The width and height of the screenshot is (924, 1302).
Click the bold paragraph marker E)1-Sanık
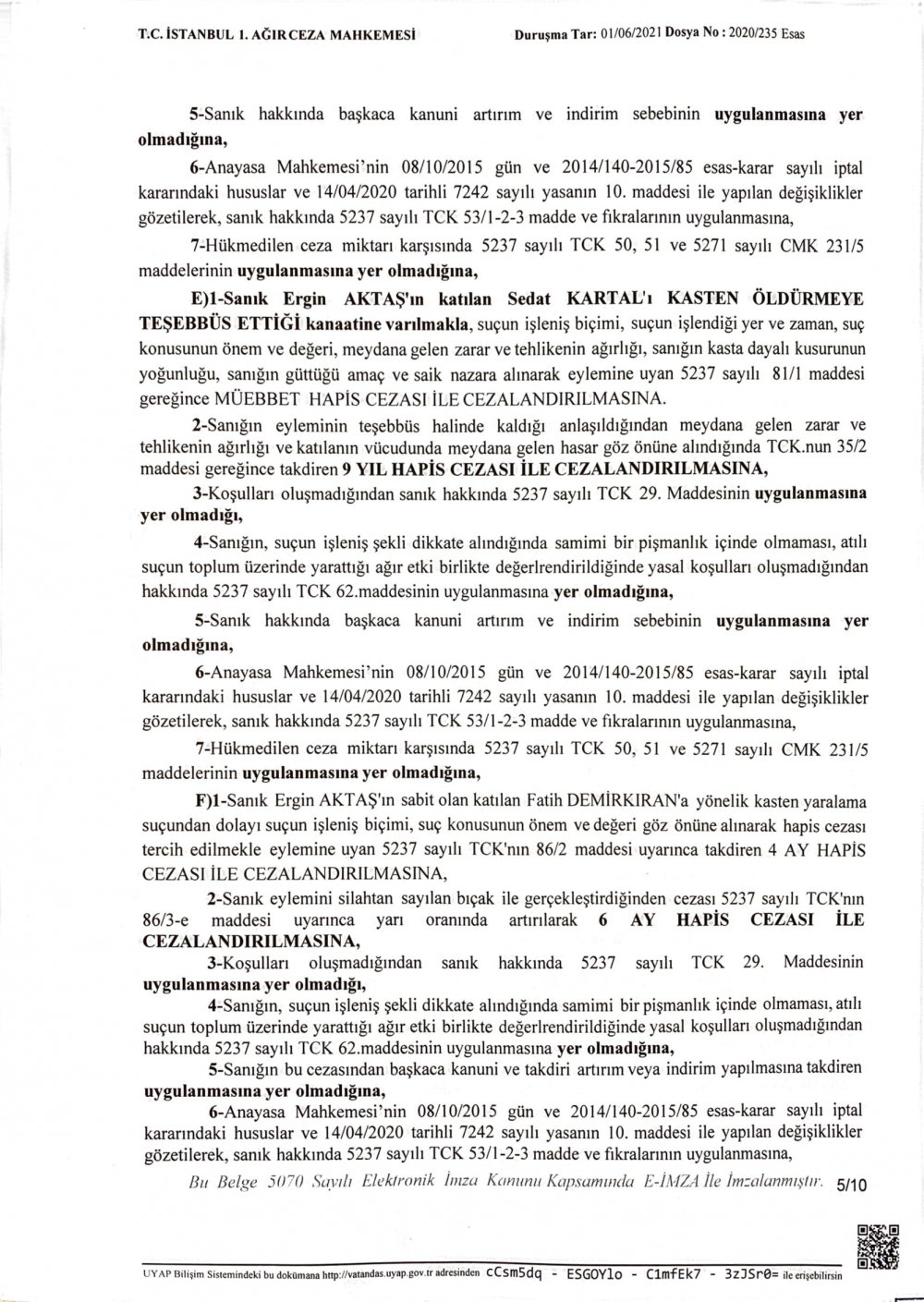coord(222,299)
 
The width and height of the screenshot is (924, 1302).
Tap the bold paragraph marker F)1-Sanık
coord(222,796)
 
